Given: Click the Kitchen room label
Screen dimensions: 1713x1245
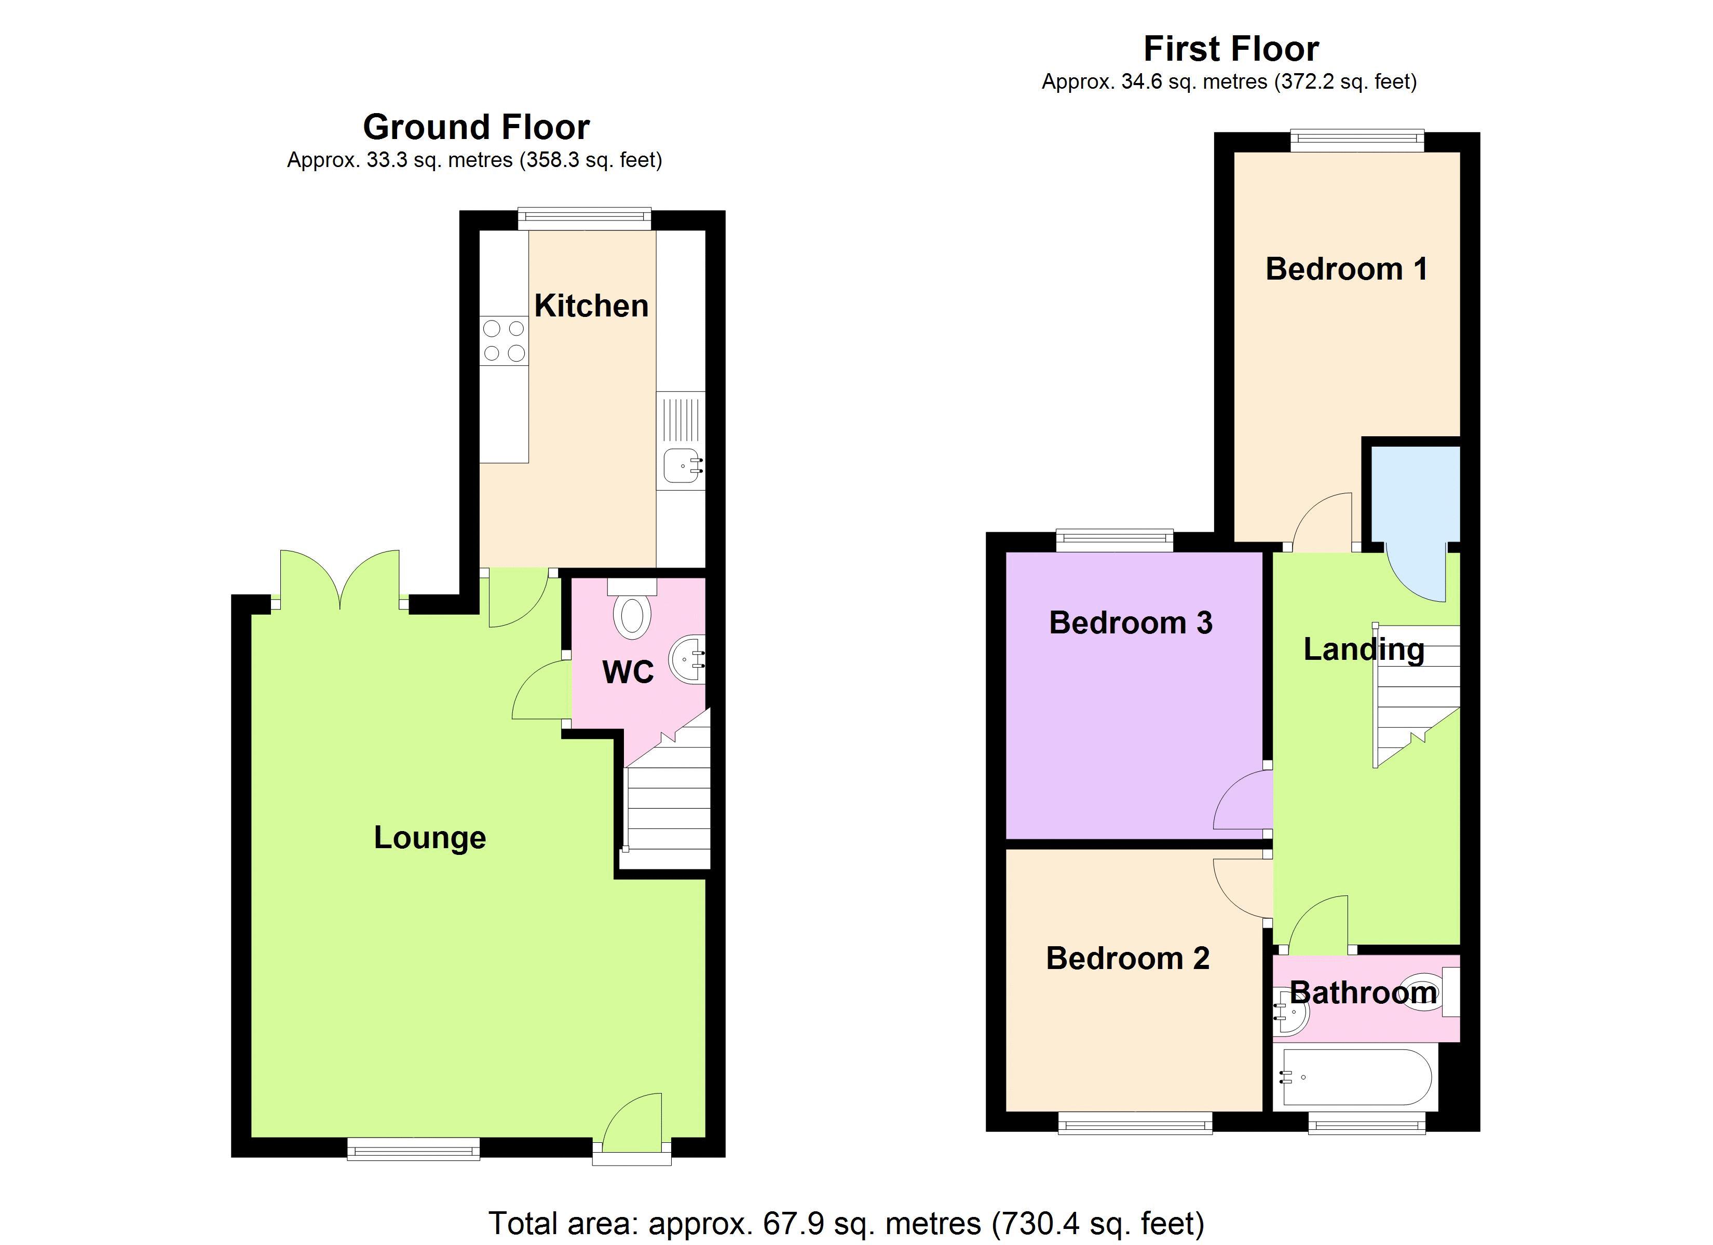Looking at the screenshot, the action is [591, 306].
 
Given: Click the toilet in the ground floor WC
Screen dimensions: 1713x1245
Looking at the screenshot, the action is [632, 608].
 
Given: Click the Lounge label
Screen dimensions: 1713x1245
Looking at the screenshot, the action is [430, 837].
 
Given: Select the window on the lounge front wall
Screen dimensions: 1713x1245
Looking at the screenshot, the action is [413, 1151].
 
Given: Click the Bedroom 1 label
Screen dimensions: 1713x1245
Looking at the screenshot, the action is [1347, 269].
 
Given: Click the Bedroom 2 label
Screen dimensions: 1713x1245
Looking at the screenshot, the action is [1127, 958].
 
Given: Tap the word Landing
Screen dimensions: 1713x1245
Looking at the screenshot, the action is [1364, 649].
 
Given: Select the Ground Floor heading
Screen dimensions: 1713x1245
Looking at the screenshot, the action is [476, 127].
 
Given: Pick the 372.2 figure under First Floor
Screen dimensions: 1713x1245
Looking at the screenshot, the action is [1303, 81].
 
